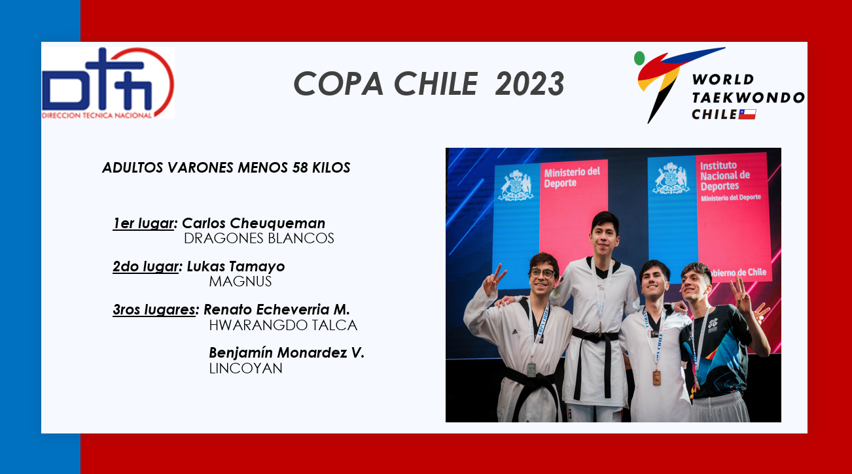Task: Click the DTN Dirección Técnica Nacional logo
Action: pyautogui.click(x=108, y=83)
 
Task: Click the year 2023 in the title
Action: pyautogui.click(x=530, y=84)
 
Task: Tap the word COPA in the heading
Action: pyautogui.click(x=338, y=84)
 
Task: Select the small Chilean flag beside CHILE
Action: pyautogui.click(x=747, y=114)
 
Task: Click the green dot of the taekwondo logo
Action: pyautogui.click(x=639, y=58)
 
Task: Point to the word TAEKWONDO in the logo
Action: pyautogui.click(x=748, y=97)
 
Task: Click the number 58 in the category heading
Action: pyautogui.click(x=300, y=167)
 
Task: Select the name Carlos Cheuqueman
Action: pyautogui.click(x=254, y=223)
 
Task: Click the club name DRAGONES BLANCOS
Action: pyautogui.click(x=258, y=239)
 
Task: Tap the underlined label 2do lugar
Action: pyautogui.click(x=145, y=267)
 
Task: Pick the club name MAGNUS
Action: pyautogui.click(x=240, y=282)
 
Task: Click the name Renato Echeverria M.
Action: pyautogui.click(x=277, y=310)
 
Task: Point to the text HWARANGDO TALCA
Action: pyautogui.click(x=283, y=326)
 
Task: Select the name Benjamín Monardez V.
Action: pyautogui.click(x=287, y=353)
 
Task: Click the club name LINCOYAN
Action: pyautogui.click(x=245, y=368)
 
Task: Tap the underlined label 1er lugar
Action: pyautogui.click(x=143, y=224)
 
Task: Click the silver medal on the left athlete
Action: pyautogui.click(x=531, y=370)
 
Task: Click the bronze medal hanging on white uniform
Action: pyautogui.click(x=656, y=378)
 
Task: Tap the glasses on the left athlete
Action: pyautogui.click(x=542, y=273)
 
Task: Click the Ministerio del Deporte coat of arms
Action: pyautogui.click(x=516, y=186)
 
